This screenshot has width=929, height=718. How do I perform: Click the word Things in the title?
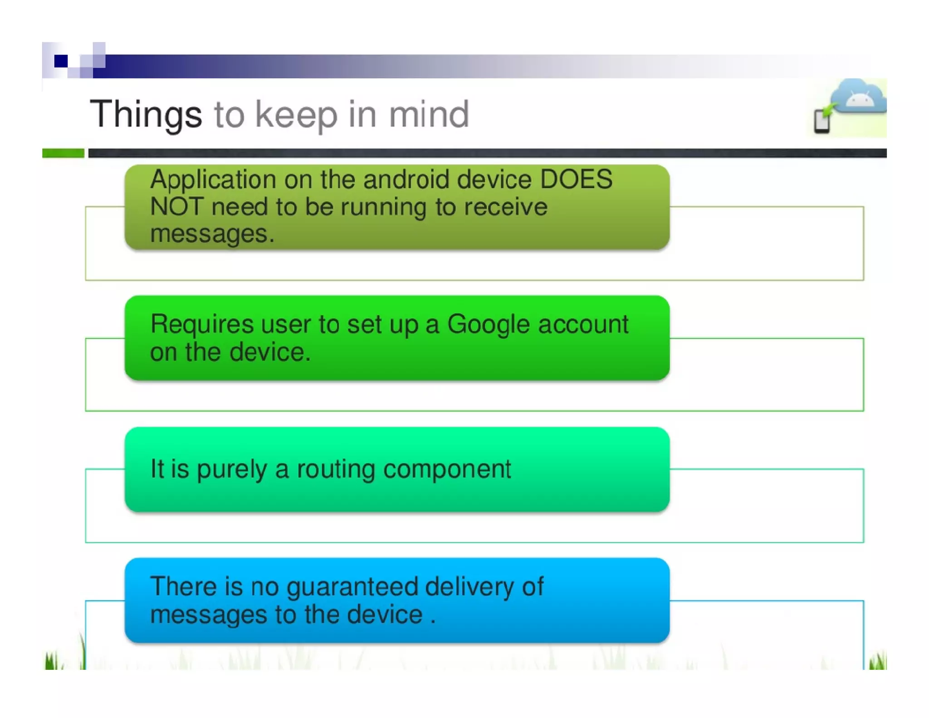(146, 114)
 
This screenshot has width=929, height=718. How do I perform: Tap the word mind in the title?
(429, 114)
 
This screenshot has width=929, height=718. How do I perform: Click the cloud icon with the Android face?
(859, 97)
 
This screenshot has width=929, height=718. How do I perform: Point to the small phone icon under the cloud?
(822, 121)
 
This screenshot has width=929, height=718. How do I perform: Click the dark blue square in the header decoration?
(61, 61)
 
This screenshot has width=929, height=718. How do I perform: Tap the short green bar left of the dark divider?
(63, 153)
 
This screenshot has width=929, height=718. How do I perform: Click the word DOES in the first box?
(576, 179)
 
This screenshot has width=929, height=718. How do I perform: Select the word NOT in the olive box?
(176, 207)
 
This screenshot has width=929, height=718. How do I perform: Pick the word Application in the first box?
(213, 180)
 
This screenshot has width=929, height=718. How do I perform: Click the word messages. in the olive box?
(212, 234)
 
